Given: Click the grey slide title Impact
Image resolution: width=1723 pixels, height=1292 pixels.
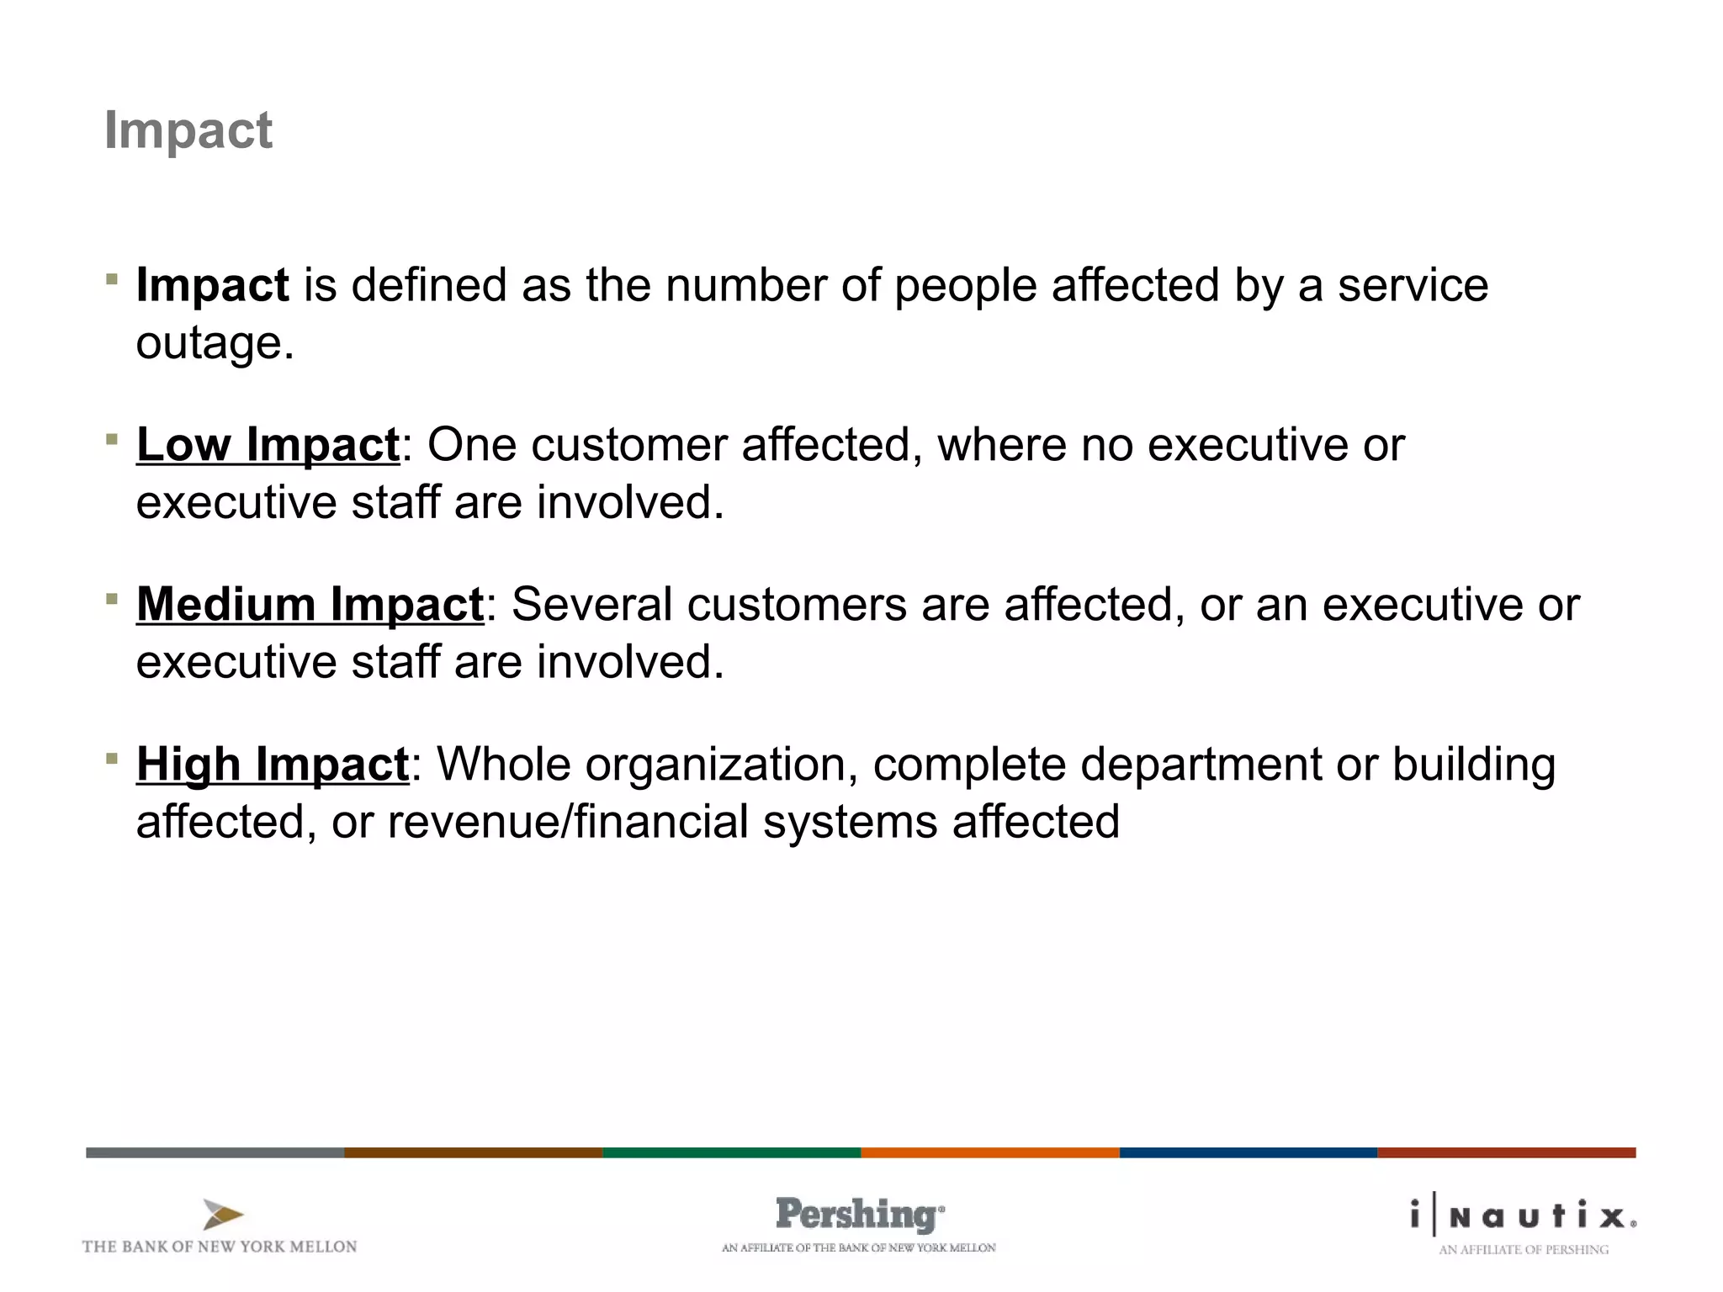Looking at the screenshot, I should pos(188,131).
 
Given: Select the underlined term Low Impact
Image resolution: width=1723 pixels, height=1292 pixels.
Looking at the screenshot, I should pos(268,445).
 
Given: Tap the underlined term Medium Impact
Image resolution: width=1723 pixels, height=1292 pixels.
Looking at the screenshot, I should pos(310,605).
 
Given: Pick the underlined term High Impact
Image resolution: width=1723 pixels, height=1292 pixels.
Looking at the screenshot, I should pos(273,765).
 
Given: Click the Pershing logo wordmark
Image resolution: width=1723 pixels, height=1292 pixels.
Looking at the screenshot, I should pos(859,1215).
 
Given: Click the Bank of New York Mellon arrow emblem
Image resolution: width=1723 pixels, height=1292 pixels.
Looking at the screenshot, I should pos(222,1215).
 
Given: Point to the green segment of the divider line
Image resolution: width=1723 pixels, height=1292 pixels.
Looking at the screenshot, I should pos(732,1152).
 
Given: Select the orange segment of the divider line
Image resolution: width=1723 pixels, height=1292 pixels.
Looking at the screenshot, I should pos(990,1152).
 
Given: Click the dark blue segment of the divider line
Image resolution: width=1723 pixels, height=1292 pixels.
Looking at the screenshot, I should pos(1249,1152).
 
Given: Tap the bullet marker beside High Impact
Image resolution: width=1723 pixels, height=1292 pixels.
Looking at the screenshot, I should pos(112,759).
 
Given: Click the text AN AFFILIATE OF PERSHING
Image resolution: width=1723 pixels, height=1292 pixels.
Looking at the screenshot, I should pos(1524,1250).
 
